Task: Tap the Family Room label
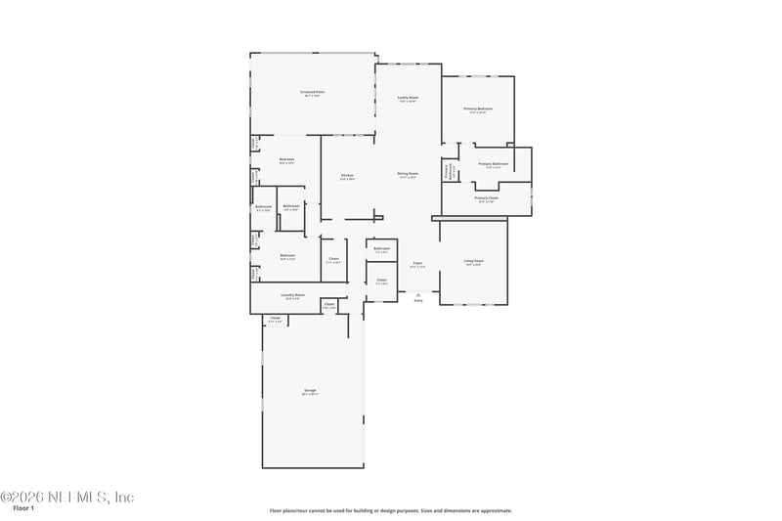408,99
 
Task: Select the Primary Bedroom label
478,110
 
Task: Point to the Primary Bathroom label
493,165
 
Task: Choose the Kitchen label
347,177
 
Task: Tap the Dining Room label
408,175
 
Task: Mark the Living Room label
473,262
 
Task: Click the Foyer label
416,265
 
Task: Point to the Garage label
310,392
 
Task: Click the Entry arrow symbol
418,293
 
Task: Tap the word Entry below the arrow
418,300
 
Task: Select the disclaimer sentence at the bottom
391,510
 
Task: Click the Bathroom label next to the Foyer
382,249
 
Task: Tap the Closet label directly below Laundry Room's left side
276,320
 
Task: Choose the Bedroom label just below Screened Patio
286,161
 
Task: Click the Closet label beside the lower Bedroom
333,260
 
